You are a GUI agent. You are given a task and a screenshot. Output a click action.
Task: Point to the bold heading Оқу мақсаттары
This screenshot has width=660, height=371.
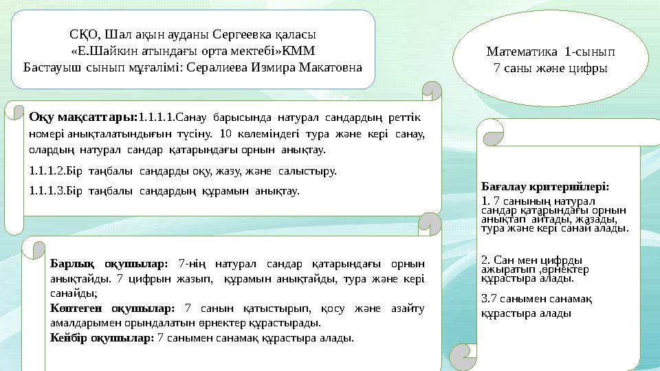(83, 117)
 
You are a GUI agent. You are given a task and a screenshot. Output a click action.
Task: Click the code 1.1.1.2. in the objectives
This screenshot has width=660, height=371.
(47, 171)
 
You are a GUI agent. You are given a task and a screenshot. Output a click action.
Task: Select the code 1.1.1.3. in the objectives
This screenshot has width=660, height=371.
(47, 191)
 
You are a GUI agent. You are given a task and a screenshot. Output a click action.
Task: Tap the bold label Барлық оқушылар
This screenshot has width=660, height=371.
(109, 264)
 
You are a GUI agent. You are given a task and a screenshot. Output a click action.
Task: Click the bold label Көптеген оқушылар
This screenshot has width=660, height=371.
(112, 308)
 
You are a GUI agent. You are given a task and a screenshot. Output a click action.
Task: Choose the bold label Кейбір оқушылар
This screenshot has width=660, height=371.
(102, 338)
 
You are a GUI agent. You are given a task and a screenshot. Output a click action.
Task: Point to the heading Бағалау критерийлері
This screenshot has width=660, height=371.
(545, 186)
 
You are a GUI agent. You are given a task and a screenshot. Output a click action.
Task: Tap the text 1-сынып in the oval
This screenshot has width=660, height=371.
(590, 52)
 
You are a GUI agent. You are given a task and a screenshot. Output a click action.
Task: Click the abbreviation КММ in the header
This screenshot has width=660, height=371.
(298, 51)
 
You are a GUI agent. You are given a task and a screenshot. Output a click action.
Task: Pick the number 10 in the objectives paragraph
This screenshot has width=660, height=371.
(225, 134)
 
